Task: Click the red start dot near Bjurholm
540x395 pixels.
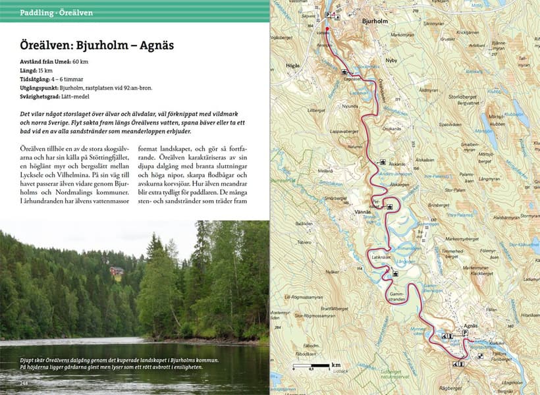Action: click(327, 30)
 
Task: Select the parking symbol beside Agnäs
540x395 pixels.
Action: click(465, 334)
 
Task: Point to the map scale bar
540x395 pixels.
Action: click(310, 365)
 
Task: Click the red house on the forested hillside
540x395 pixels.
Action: click(116, 271)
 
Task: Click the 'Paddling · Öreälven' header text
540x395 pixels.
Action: click(56, 13)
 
